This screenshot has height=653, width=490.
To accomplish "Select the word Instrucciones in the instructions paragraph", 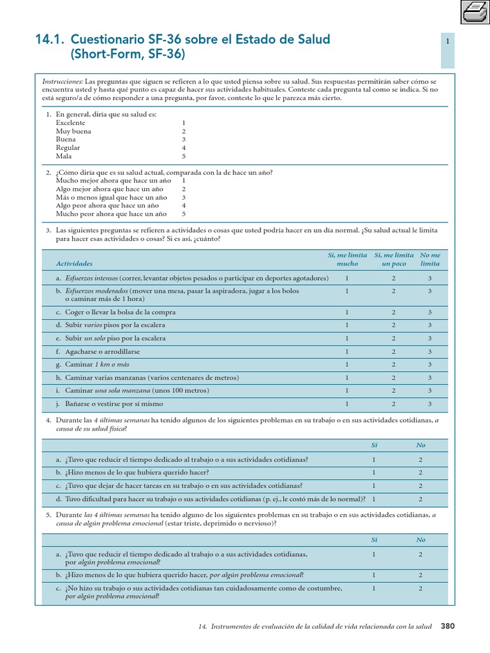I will [x=63, y=82].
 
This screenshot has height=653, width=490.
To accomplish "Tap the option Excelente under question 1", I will [x=70, y=122].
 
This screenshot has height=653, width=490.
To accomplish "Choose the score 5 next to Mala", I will [x=184, y=156].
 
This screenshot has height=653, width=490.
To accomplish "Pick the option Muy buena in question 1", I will [x=73, y=131].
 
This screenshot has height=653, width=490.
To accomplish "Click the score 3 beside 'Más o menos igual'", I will [x=184, y=197].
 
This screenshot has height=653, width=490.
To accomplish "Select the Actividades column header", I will [x=74, y=263].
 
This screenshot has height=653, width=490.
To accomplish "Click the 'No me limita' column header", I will [x=430, y=259].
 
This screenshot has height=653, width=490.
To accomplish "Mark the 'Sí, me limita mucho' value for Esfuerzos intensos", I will [x=347, y=278].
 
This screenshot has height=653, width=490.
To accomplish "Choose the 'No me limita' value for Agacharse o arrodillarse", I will [x=430, y=351].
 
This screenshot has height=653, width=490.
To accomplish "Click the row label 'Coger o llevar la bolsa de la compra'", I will [x=120, y=312].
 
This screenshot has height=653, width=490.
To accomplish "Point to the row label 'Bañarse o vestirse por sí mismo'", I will [x=114, y=404].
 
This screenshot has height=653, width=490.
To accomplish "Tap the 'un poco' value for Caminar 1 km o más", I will [x=394, y=364].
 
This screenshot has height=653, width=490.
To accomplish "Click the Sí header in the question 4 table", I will [x=375, y=445].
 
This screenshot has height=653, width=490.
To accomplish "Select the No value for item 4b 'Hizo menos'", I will [x=420, y=473].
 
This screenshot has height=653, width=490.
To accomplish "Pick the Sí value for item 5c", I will [x=374, y=588].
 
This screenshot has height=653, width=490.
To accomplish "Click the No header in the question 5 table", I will [x=420, y=539].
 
